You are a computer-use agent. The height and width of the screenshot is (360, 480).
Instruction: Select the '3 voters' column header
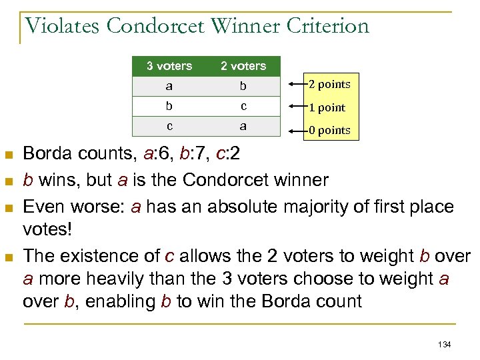(169, 65)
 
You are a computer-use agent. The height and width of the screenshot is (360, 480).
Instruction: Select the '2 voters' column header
(243, 65)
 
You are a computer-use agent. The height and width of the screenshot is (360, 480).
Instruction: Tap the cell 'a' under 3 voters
(169, 85)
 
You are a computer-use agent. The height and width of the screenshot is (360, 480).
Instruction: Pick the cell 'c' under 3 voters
(169, 126)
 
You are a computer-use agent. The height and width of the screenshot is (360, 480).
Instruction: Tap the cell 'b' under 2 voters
(243, 85)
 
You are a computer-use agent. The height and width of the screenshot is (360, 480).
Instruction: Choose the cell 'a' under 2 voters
(243, 126)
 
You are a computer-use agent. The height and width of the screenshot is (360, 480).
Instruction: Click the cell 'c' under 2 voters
(243, 106)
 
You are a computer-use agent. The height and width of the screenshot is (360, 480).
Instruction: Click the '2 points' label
(329, 84)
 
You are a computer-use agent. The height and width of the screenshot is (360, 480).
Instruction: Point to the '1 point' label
(327, 107)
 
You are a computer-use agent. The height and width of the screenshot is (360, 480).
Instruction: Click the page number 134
(445, 344)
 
